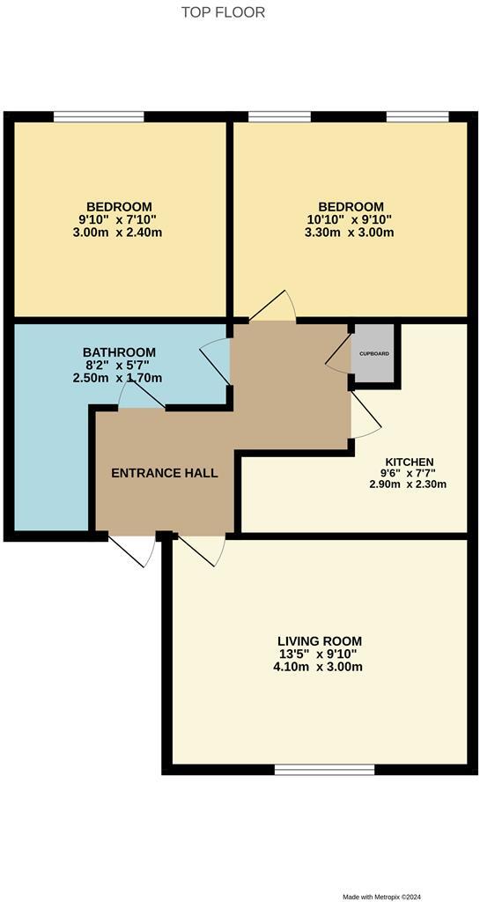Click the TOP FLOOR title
(x=223, y=12)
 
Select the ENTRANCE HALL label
(x=164, y=473)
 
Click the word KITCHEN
(x=409, y=462)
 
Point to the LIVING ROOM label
(x=319, y=640)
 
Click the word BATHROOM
(x=119, y=352)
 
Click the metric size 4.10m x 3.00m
(x=319, y=667)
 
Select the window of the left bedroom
(x=99, y=116)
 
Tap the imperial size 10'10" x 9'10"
(x=350, y=220)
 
